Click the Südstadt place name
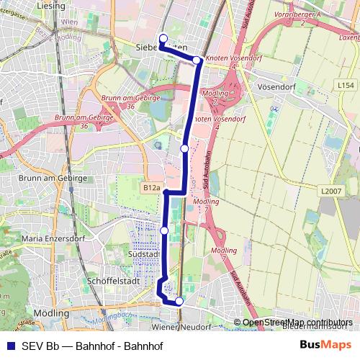click(x=143, y=253)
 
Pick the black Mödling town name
click(x=51, y=314)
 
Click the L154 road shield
click(x=345, y=85)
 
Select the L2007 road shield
click(x=331, y=191)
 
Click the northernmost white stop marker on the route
click(x=163, y=39)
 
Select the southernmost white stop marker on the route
click(x=179, y=302)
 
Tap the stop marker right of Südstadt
click(x=164, y=230)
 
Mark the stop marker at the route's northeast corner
click(x=197, y=60)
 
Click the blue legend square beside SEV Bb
click(x=9, y=346)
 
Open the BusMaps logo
click(x=326, y=345)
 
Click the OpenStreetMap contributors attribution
click(x=297, y=322)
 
